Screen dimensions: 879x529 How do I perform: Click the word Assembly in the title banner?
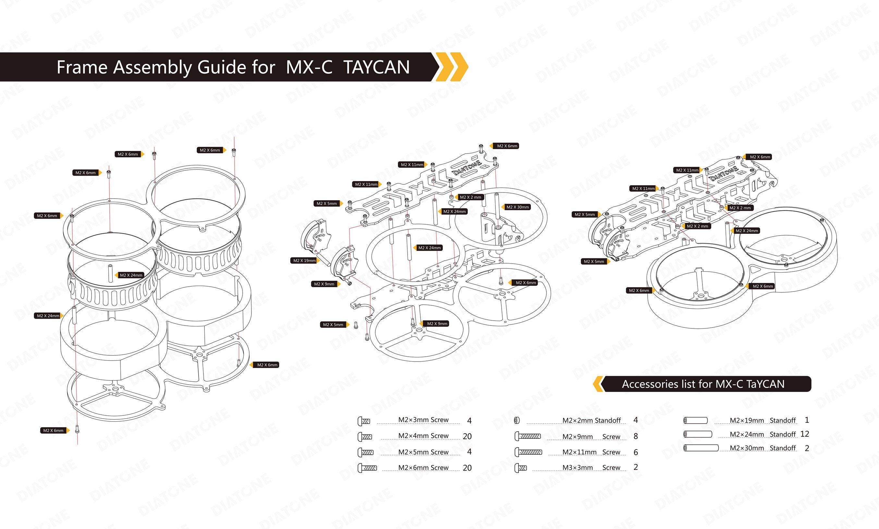pyautogui.click(x=152, y=68)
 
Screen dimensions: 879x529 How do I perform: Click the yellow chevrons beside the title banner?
pyautogui.click(x=452, y=67)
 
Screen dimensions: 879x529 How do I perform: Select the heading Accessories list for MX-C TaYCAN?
pyautogui.click(x=703, y=384)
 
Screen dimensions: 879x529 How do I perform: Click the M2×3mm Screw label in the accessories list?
pyautogui.click(x=423, y=420)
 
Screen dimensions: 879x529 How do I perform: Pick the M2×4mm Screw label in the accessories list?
pyautogui.click(x=423, y=436)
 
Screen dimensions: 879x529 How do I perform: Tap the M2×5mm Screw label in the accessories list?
pyautogui.click(x=423, y=452)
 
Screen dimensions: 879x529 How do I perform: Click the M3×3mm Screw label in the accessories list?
pyautogui.click(x=592, y=467)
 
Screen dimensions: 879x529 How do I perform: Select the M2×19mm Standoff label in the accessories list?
pyautogui.click(x=763, y=420)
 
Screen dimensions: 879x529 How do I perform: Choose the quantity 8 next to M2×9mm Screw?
pyautogui.click(x=636, y=436)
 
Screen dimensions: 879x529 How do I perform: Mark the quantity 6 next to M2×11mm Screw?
pyautogui.click(x=636, y=452)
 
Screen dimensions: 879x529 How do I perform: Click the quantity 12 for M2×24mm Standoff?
pyautogui.click(x=804, y=434)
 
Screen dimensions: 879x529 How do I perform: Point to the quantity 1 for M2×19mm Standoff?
pyautogui.click(x=807, y=420)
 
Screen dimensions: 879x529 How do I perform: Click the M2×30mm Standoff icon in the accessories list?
pyautogui.click(x=701, y=448)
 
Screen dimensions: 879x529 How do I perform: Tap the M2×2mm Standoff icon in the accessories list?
pyautogui.click(x=517, y=420)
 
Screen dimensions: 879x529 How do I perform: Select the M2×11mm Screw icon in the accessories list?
pyautogui.click(x=528, y=452)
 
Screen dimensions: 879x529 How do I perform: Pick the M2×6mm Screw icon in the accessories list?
pyautogui.click(x=367, y=468)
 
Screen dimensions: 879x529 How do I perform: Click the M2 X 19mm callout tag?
pyautogui.click(x=305, y=261)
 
